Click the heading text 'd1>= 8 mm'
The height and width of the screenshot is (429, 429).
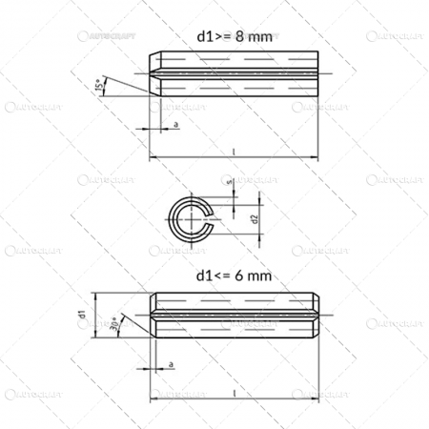pos(234,35)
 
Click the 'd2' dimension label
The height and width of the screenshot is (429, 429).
pos(255,218)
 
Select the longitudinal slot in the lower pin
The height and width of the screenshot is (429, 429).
pos(234,314)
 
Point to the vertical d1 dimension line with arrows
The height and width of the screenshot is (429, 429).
pos(93,314)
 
